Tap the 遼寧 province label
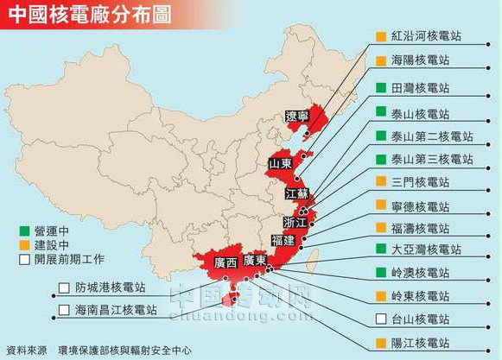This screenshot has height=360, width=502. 297,117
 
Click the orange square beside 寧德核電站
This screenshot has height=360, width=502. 380,205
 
